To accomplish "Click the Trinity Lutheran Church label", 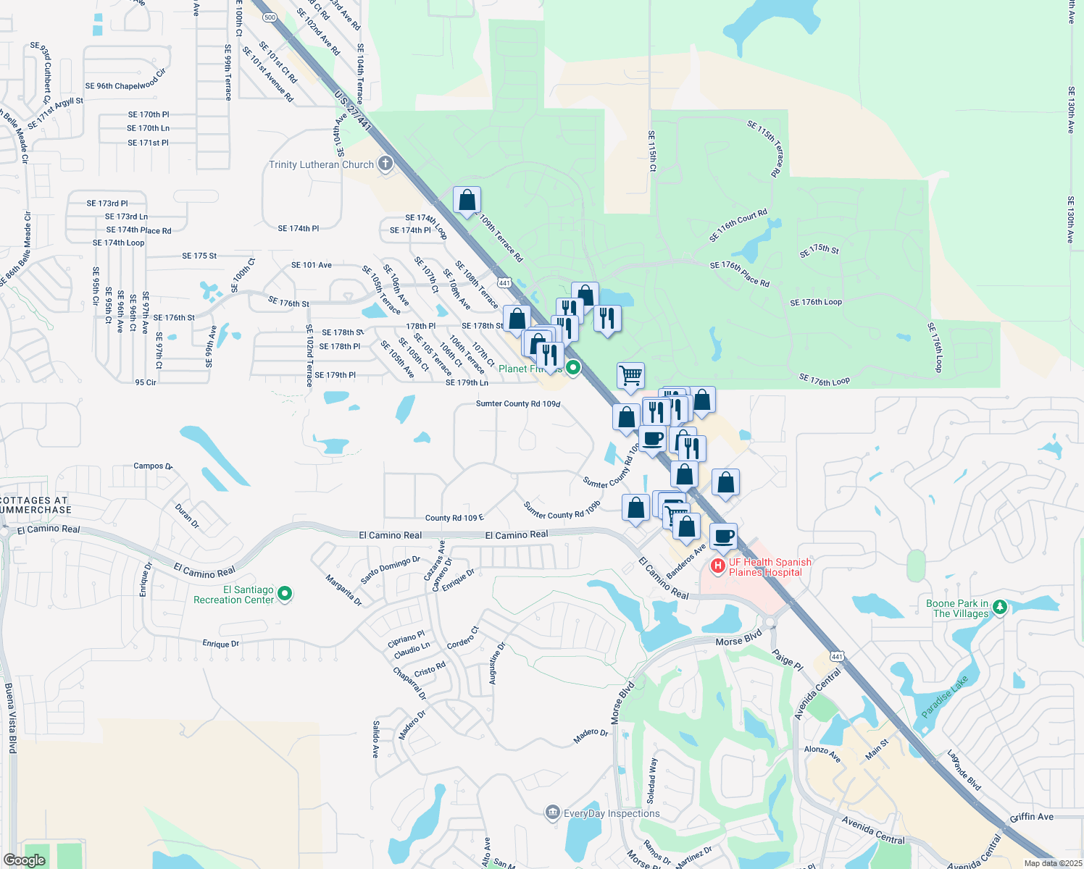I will (x=321, y=164).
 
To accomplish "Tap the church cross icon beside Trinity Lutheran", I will (x=385, y=164).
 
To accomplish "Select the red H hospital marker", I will (x=717, y=566).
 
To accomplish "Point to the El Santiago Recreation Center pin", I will (x=285, y=594).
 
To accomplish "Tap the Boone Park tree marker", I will (x=1000, y=607).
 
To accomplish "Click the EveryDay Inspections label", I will (x=612, y=813).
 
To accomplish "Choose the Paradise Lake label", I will (x=945, y=697).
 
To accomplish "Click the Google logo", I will (x=24, y=860).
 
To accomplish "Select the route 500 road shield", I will (x=270, y=17).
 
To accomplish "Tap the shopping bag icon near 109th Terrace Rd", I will (x=467, y=200).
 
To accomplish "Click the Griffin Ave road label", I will (x=1032, y=817).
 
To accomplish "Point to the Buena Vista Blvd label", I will (x=10, y=718).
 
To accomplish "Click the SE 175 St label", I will (x=199, y=256).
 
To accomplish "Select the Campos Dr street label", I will (x=153, y=466).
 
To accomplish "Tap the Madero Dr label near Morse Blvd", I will (x=591, y=736).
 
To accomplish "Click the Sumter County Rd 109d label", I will (x=518, y=404).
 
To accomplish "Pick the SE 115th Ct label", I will (x=651, y=151).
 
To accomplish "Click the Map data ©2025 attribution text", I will (x=1050, y=863).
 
